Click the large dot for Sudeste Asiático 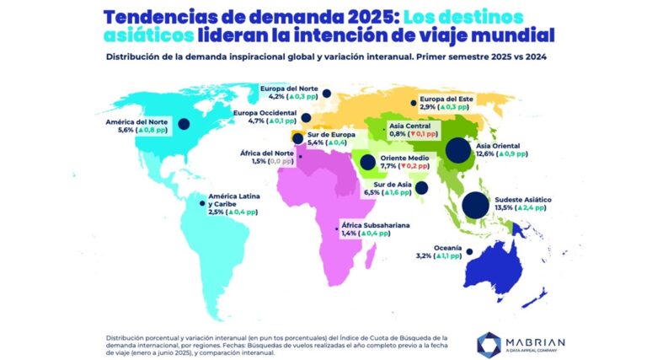pos(474,204)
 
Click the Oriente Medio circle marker pos(368,164)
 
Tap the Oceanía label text pos(447,247)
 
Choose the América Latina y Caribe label pos(233,201)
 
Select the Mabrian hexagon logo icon pos(489,342)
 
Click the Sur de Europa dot pos(297,137)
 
